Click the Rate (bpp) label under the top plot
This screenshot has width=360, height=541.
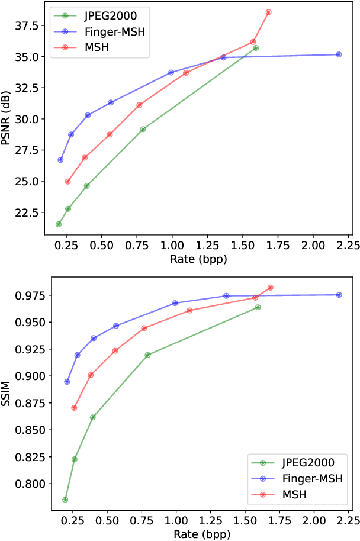pyautogui.click(x=199, y=259)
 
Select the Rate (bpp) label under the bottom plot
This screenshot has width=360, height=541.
pyautogui.click(x=199, y=533)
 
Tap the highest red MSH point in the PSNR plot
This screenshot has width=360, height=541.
pyautogui.click(x=269, y=12)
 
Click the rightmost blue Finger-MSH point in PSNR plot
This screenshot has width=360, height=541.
pyautogui.click(x=339, y=54)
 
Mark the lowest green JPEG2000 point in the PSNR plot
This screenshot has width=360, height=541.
pyautogui.click(x=59, y=224)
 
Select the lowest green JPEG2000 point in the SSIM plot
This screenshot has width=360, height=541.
pyautogui.click(x=65, y=500)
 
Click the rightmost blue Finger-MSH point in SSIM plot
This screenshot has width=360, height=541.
pyautogui.click(x=339, y=295)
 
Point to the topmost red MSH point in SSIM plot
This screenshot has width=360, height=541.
pyautogui.click(x=271, y=288)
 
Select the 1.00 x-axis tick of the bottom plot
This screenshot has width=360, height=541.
pyautogui.click(x=176, y=520)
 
